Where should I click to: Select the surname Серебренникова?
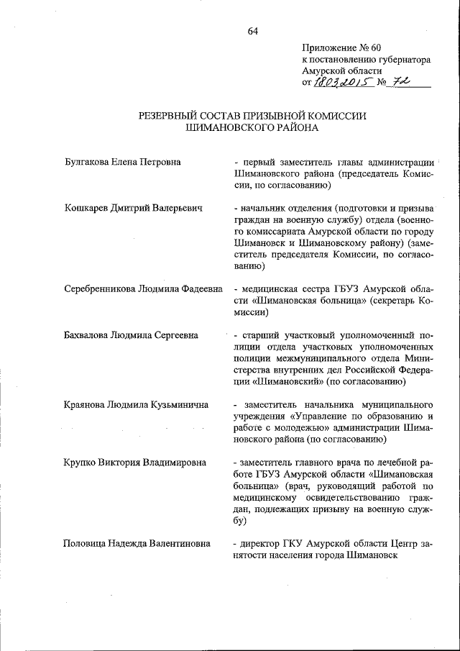pos(102,289)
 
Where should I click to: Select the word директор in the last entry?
pos(260,544)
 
